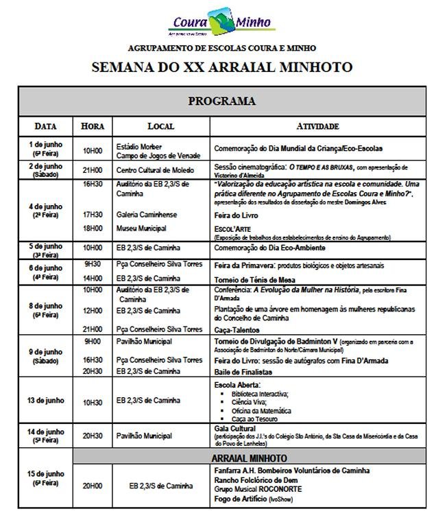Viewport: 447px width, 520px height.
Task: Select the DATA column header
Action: point(46,126)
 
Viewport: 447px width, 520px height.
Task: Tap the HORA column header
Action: point(93,126)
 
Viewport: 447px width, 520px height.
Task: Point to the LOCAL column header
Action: point(161,126)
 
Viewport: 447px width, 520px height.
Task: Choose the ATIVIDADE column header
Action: point(317,126)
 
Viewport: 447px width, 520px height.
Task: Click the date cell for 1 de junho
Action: point(46,148)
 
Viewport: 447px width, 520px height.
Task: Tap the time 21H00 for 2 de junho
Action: point(93,169)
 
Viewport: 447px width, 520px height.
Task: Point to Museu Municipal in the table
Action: point(142,228)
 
